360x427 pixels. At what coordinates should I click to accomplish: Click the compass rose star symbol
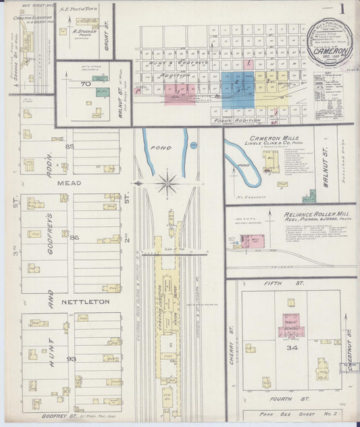click(167, 181)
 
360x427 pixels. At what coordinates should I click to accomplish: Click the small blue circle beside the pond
click(194, 145)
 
